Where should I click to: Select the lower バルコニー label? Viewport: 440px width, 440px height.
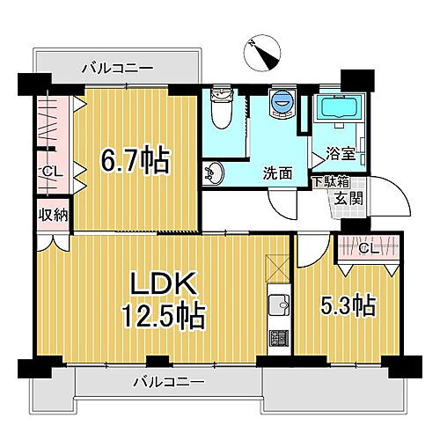169,382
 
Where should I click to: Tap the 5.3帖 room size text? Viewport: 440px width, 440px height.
350,305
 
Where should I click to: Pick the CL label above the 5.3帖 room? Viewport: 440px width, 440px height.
370,248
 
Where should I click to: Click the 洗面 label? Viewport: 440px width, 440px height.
277,173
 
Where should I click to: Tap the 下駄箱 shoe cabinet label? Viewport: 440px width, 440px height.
332,183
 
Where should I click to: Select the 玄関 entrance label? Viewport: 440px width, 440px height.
344,199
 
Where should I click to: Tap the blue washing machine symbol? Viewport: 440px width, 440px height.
282,104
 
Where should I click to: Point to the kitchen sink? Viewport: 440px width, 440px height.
279,307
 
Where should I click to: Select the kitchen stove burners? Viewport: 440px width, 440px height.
279,337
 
